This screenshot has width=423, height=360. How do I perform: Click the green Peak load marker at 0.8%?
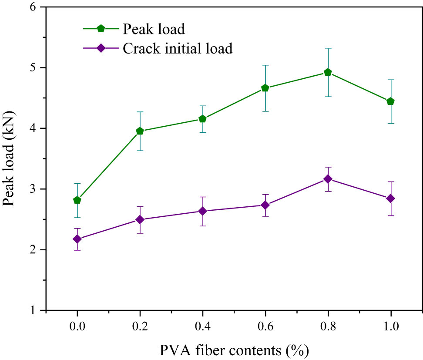(328, 72)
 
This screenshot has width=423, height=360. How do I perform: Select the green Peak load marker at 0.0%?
(77, 200)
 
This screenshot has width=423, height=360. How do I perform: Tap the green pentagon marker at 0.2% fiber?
(140, 131)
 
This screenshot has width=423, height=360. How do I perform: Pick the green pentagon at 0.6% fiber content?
(265, 88)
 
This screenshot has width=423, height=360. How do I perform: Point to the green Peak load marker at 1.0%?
(390, 101)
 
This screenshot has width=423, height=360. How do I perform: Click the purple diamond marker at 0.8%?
(328, 179)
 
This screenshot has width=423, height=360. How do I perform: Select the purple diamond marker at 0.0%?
(77, 239)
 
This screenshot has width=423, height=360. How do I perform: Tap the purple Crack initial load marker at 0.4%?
(202, 211)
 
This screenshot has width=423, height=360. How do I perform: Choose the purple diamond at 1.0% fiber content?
(390, 199)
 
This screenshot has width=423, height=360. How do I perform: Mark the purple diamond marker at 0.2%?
(140, 219)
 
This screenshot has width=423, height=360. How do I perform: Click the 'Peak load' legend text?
(154, 29)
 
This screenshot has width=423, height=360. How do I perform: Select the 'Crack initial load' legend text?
(178, 48)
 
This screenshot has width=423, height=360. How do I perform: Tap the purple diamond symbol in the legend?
(101, 48)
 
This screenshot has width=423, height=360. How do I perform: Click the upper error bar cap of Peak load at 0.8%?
(328, 48)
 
